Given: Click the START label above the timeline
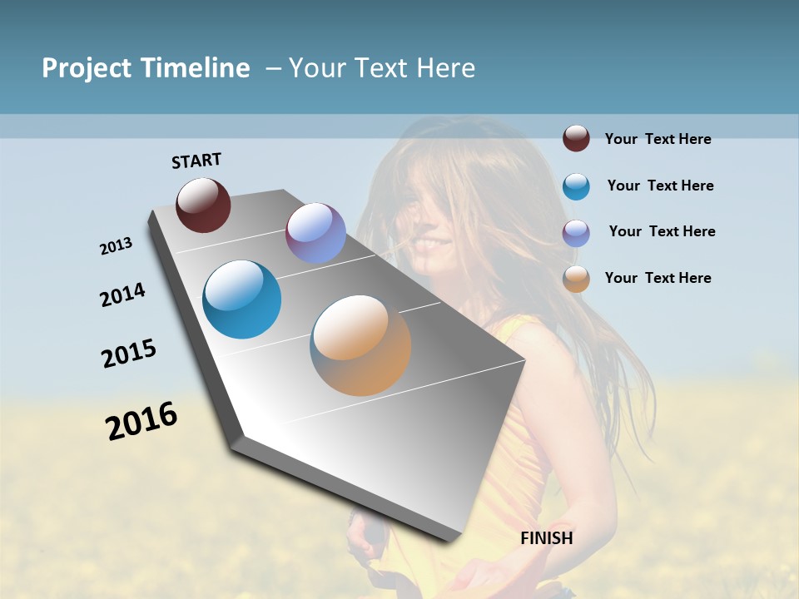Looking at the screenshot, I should [196, 161].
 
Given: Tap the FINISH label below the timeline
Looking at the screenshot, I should [547, 538].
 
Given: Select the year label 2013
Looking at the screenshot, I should [116, 246].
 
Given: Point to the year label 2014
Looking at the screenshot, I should [122, 295].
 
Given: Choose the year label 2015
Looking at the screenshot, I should [129, 354].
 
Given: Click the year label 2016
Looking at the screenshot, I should [141, 421].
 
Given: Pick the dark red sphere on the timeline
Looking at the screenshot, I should [203, 205].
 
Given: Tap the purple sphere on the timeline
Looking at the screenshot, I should [315, 233].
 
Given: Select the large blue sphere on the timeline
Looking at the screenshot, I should [242, 299].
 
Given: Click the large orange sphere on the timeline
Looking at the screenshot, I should [360, 344].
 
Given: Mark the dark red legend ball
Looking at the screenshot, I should [576, 138].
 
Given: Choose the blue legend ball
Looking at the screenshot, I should [576, 186].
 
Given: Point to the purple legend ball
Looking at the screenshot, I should [576, 233].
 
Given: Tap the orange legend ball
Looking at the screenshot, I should [576, 279].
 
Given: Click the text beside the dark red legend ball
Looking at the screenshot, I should [658, 139].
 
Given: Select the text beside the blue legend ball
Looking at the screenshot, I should [660, 186].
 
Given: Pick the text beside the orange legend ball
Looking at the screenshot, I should [658, 278].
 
